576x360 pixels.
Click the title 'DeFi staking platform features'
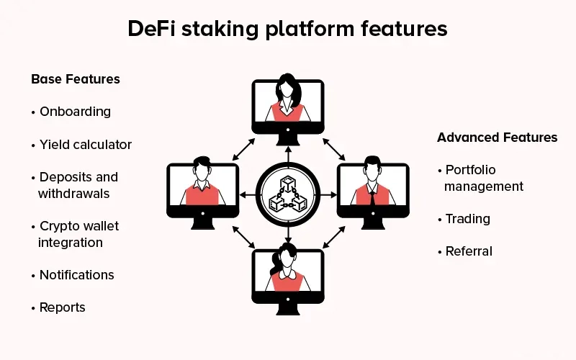(x=287, y=29)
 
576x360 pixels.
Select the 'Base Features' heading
(x=76, y=79)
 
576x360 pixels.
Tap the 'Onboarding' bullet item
(x=75, y=112)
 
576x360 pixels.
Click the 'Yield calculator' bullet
(x=85, y=145)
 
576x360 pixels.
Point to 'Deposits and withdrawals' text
(x=78, y=185)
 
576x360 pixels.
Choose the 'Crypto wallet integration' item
(x=78, y=234)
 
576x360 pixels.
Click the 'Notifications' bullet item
(x=76, y=275)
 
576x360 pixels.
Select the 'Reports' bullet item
(x=62, y=307)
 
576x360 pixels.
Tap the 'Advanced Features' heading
(x=497, y=138)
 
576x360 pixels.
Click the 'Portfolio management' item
(x=483, y=178)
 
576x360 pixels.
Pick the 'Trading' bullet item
(x=467, y=219)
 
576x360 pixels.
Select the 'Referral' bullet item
(x=469, y=251)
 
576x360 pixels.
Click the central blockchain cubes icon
(x=287, y=194)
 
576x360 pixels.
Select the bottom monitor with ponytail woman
(x=287, y=277)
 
